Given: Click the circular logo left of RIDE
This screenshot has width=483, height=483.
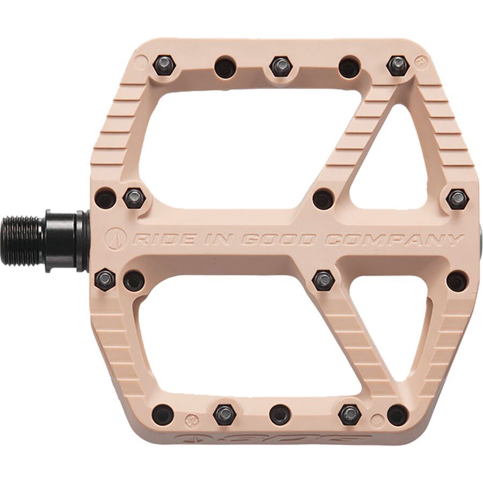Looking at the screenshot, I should click(x=116, y=238).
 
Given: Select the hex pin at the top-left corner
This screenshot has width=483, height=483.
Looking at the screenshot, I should click(x=163, y=66).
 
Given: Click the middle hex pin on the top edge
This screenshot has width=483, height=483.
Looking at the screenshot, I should click(x=281, y=67).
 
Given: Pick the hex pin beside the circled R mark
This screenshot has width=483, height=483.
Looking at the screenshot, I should click(x=397, y=65).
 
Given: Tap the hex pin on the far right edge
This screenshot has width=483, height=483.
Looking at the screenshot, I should click(x=457, y=199).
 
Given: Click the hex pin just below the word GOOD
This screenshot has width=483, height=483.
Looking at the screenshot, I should click(x=323, y=280).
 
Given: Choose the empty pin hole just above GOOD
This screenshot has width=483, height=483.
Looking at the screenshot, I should click(x=323, y=199).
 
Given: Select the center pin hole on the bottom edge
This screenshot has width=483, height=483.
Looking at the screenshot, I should click(x=280, y=414).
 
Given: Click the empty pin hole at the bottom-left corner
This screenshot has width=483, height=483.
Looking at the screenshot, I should click(x=163, y=414).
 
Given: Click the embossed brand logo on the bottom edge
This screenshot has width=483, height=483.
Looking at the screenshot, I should click(x=279, y=437).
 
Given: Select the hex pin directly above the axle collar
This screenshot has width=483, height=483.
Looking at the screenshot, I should click(x=134, y=199).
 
